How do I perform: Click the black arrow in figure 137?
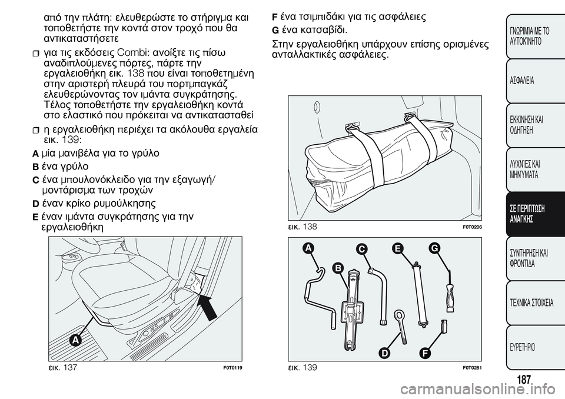pos(210,307)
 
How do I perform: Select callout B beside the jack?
pos(338,268)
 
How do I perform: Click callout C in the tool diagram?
pos(361,250)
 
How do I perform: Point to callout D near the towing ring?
pos(384,353)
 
